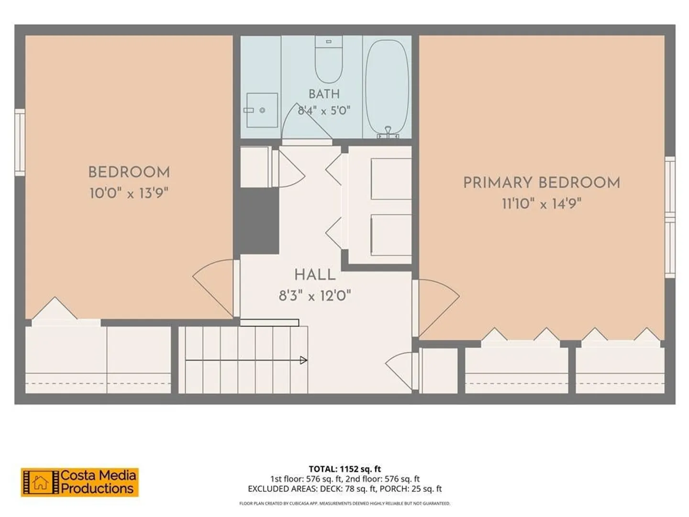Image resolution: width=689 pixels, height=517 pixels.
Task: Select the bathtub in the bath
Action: (388, 88)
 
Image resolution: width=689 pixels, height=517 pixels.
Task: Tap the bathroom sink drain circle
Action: (262, 110)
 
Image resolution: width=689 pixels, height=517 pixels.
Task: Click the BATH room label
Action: (324, 94)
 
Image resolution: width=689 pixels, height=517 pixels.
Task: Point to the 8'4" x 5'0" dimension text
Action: (324, 111)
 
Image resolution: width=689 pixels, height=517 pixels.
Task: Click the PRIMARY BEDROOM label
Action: (542, 183)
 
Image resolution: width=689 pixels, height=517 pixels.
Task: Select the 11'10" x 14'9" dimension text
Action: (542, 204)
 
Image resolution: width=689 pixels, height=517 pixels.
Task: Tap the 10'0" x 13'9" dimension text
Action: (129, 193)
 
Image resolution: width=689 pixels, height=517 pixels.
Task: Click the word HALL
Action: (315, 275)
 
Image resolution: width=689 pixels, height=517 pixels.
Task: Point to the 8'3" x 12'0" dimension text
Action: (315, 296)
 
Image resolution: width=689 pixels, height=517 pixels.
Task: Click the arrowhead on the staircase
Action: (303, 360)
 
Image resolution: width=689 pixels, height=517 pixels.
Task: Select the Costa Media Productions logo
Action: (80, 483)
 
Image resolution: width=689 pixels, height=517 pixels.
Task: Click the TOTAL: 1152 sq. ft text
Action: (344, 469)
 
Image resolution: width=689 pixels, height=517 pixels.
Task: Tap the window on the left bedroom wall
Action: (20, 142)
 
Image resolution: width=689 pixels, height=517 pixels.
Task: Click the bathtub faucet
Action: (388, 133)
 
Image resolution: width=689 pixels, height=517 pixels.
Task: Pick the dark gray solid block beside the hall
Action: (259, 221)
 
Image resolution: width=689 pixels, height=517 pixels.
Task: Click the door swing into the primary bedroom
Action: (439, 308)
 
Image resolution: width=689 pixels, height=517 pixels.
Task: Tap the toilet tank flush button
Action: (329, 42)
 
